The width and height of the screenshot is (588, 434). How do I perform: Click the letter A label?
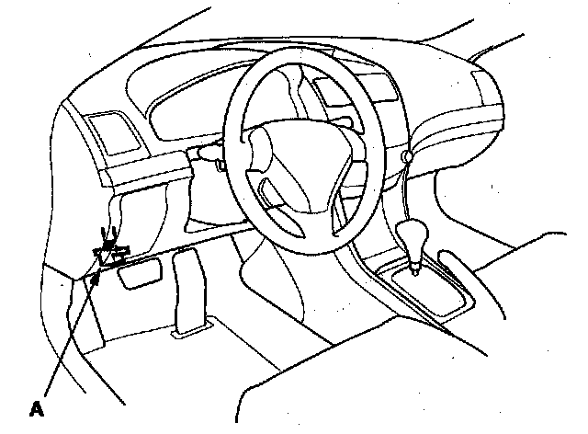pos(38,405)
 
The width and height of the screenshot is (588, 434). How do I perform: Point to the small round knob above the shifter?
pos(406,158)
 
